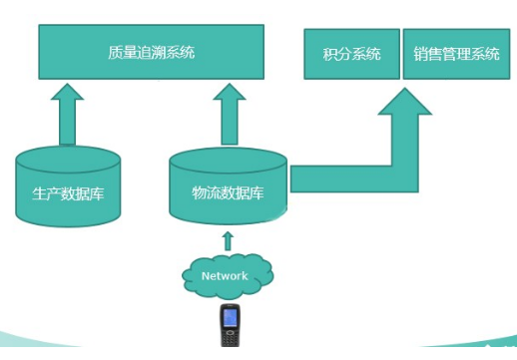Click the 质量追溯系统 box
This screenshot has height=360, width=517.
pos(152,52)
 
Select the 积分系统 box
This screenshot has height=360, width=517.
pos(351,54)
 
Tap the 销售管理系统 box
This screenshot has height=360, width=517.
pos(456,54)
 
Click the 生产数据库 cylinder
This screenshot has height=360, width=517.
pos(68,186)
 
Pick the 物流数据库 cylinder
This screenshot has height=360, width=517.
pos(228,186)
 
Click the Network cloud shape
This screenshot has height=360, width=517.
pos(228,276)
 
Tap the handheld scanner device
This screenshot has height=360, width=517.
pos(230,325)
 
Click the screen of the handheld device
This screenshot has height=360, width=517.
pos(230,318)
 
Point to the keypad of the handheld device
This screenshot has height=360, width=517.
pos(230,338)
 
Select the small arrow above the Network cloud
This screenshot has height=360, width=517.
pos(228,241)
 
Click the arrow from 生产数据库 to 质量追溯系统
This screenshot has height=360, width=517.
pos(67,114)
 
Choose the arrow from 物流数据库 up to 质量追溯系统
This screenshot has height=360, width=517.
pos(230,114)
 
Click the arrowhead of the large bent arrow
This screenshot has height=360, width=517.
pos(405,102)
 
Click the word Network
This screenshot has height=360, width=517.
pos(225,276)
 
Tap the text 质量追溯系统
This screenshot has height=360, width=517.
pos(152,53)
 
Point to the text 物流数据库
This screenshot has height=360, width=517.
pos(228,192)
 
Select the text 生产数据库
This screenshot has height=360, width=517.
pos(68,193)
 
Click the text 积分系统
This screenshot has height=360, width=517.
pos(351,54)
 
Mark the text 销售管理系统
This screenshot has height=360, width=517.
pos(456,54)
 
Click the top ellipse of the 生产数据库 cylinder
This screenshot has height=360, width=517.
pos(68,160)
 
